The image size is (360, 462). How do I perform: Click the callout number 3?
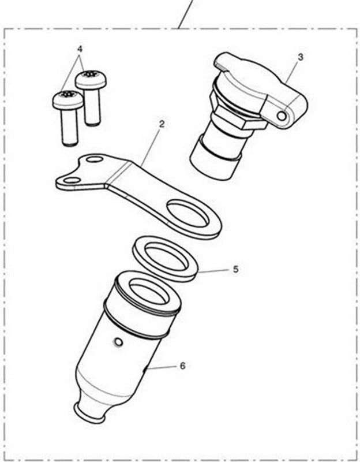point(301,57)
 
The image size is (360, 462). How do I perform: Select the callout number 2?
point(162,124)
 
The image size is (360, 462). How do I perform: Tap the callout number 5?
point(235,269)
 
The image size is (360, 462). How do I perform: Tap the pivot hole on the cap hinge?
point(282,116)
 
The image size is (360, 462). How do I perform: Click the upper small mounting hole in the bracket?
point(95,159)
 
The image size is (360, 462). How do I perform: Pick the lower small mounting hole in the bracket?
point(72,181)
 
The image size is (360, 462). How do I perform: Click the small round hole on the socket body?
point(118,344)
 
